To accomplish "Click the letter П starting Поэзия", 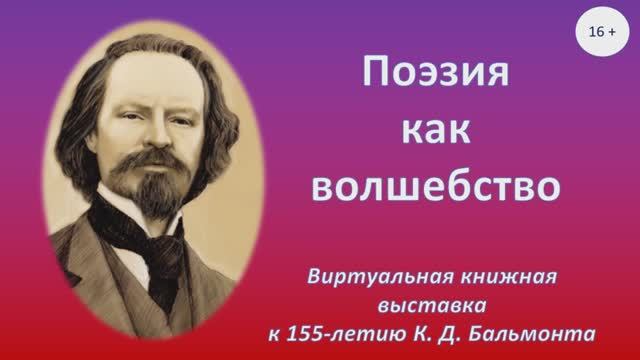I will click(372, 73).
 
